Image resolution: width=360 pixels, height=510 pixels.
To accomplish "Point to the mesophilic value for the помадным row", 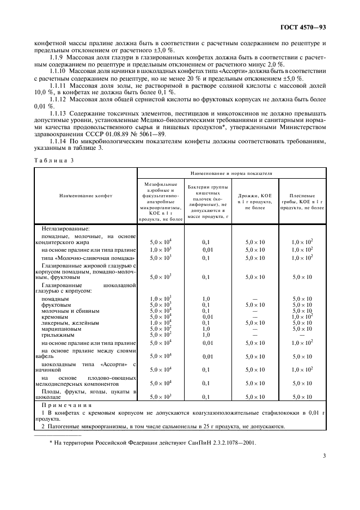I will (161, 299).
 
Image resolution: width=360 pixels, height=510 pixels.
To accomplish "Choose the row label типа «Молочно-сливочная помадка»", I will (88, 257).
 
